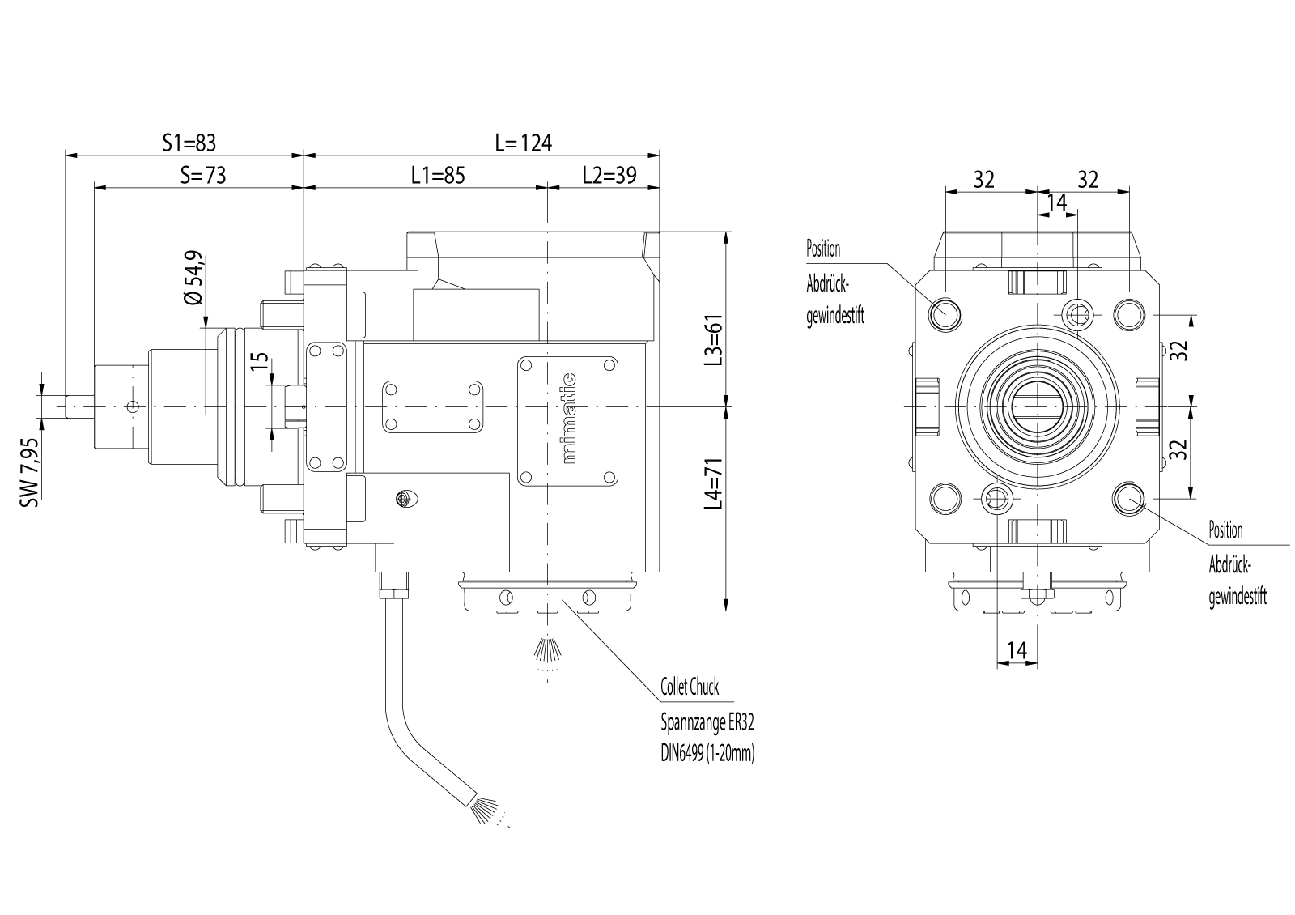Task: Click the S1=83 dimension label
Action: pyautogui.click(x=189, y=143)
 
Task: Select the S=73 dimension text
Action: pyautogui.click(x=202, y=176)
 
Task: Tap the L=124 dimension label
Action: pyautogui.click(x=523, y=143)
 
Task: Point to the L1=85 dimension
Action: pyautogui.click(x=438, y=176)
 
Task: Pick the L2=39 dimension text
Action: pyautogui.click(x=609, y=176)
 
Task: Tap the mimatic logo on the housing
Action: pyautogui.click(x=569, y=418)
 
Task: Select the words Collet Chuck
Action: pyautogui.click(x=690, y=687)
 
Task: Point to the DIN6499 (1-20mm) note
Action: pyautogui.click(x=707, y=754)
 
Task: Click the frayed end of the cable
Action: pyautogui.click(x=486, y=809)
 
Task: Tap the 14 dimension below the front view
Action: pyautogui.click(x=1017, y=649)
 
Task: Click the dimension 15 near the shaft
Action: pyautogui.click(x=259, y=360)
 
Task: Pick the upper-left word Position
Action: pyautogui.click(x=823, y=249)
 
